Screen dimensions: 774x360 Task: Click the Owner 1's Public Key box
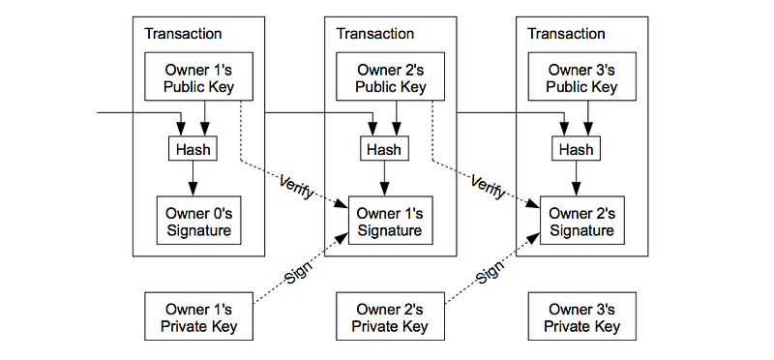(x=198, y=76)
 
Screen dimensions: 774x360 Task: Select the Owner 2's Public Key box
(x=391, y=76)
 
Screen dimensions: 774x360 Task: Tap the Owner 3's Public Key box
(x=582, y=76)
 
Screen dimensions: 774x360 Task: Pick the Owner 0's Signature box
(x=199, y=221)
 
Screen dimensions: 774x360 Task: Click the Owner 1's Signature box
(x=391, y=221)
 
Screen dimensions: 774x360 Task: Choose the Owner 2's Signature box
(x=582, y=221)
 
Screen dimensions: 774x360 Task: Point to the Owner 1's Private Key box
(x=198, y=316)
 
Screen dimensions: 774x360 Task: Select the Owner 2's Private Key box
(x=391, y=316)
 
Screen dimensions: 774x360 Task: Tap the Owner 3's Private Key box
(x=582, y=316)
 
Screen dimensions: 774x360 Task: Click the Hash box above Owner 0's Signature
(x=193, y=148)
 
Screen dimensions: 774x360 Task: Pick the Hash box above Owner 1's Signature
(x=384, y=148)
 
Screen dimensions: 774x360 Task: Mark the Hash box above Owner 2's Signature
(x=577, y=148)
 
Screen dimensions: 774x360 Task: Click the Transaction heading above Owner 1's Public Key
(x=183, y=34)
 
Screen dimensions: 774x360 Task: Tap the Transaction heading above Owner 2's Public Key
(x=375, y=34)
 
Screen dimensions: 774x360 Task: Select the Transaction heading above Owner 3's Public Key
(x=567, y=34)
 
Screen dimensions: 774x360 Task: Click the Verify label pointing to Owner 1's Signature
(x=297, y=187)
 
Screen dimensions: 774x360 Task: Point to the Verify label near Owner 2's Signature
(x=489, y=187)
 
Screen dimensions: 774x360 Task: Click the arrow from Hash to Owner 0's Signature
(x=193, y=178)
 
